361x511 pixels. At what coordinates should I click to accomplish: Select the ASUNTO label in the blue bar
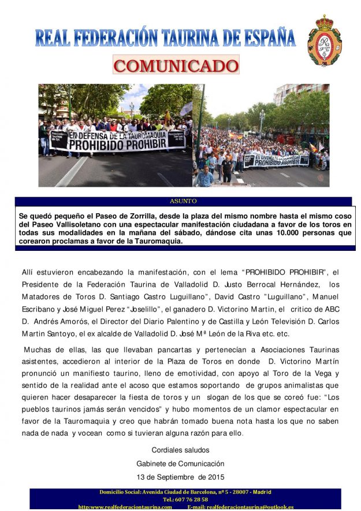(x=183, y=201)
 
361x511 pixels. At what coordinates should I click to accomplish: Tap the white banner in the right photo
(x=276, y=160)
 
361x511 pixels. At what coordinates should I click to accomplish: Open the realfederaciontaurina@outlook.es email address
(x=250, y=507)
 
